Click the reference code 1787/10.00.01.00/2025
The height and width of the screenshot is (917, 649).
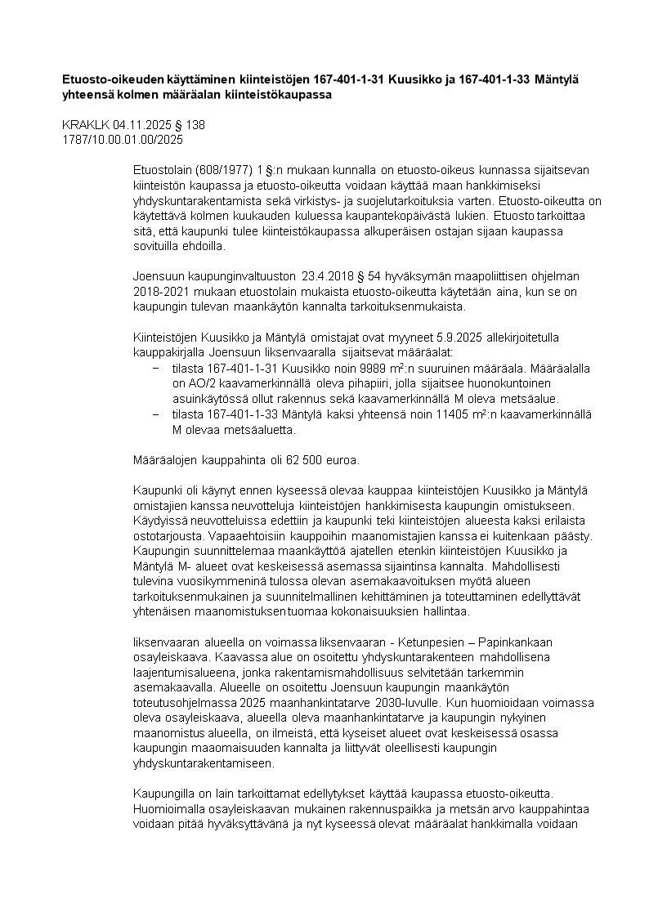tap(123, 140)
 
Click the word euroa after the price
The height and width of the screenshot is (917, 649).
tap(343, 460)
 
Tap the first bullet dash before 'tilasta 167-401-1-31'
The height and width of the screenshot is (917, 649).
tap(155, 369)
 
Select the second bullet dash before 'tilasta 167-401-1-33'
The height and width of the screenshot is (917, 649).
tap(155, 414)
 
